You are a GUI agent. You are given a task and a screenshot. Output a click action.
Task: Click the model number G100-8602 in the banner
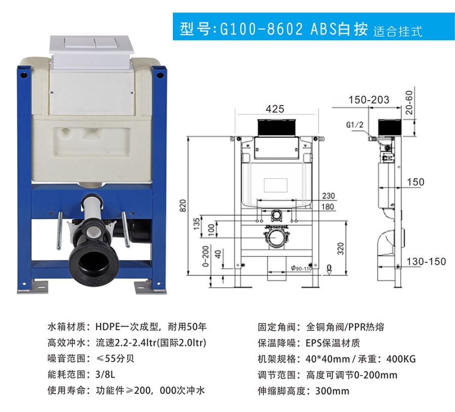pos(261,29)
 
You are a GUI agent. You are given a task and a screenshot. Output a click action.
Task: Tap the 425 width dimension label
pos(275,109)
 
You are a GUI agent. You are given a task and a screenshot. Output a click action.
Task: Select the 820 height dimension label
pos(183,205)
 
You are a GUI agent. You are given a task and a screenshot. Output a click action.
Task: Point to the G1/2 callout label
pos(354,125)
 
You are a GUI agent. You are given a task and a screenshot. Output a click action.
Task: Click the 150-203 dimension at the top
pos(369,100)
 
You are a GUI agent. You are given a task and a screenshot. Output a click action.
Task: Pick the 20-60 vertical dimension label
pos(409,103)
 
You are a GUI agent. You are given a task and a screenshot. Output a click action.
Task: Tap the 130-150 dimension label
pos(426,261)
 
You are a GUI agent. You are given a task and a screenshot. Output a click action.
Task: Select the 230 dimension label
pos(329,196)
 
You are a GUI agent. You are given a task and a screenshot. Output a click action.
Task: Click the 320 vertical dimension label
pos(341,249)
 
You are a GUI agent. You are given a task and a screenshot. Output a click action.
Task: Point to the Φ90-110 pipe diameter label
pos(301,268)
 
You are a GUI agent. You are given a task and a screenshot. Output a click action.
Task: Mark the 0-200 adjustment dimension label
pos(205,256)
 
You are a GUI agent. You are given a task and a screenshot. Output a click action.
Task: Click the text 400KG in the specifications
pos(401,359)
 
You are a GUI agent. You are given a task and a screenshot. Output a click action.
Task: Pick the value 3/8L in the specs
pos(105,374)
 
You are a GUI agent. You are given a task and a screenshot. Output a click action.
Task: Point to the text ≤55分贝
pos(115,358)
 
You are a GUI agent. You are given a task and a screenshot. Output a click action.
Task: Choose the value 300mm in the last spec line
pos(332,391)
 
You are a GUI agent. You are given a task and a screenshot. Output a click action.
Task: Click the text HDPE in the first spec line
pos(108,327)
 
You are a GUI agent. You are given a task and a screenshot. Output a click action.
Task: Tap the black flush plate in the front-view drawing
pos(277,127)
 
